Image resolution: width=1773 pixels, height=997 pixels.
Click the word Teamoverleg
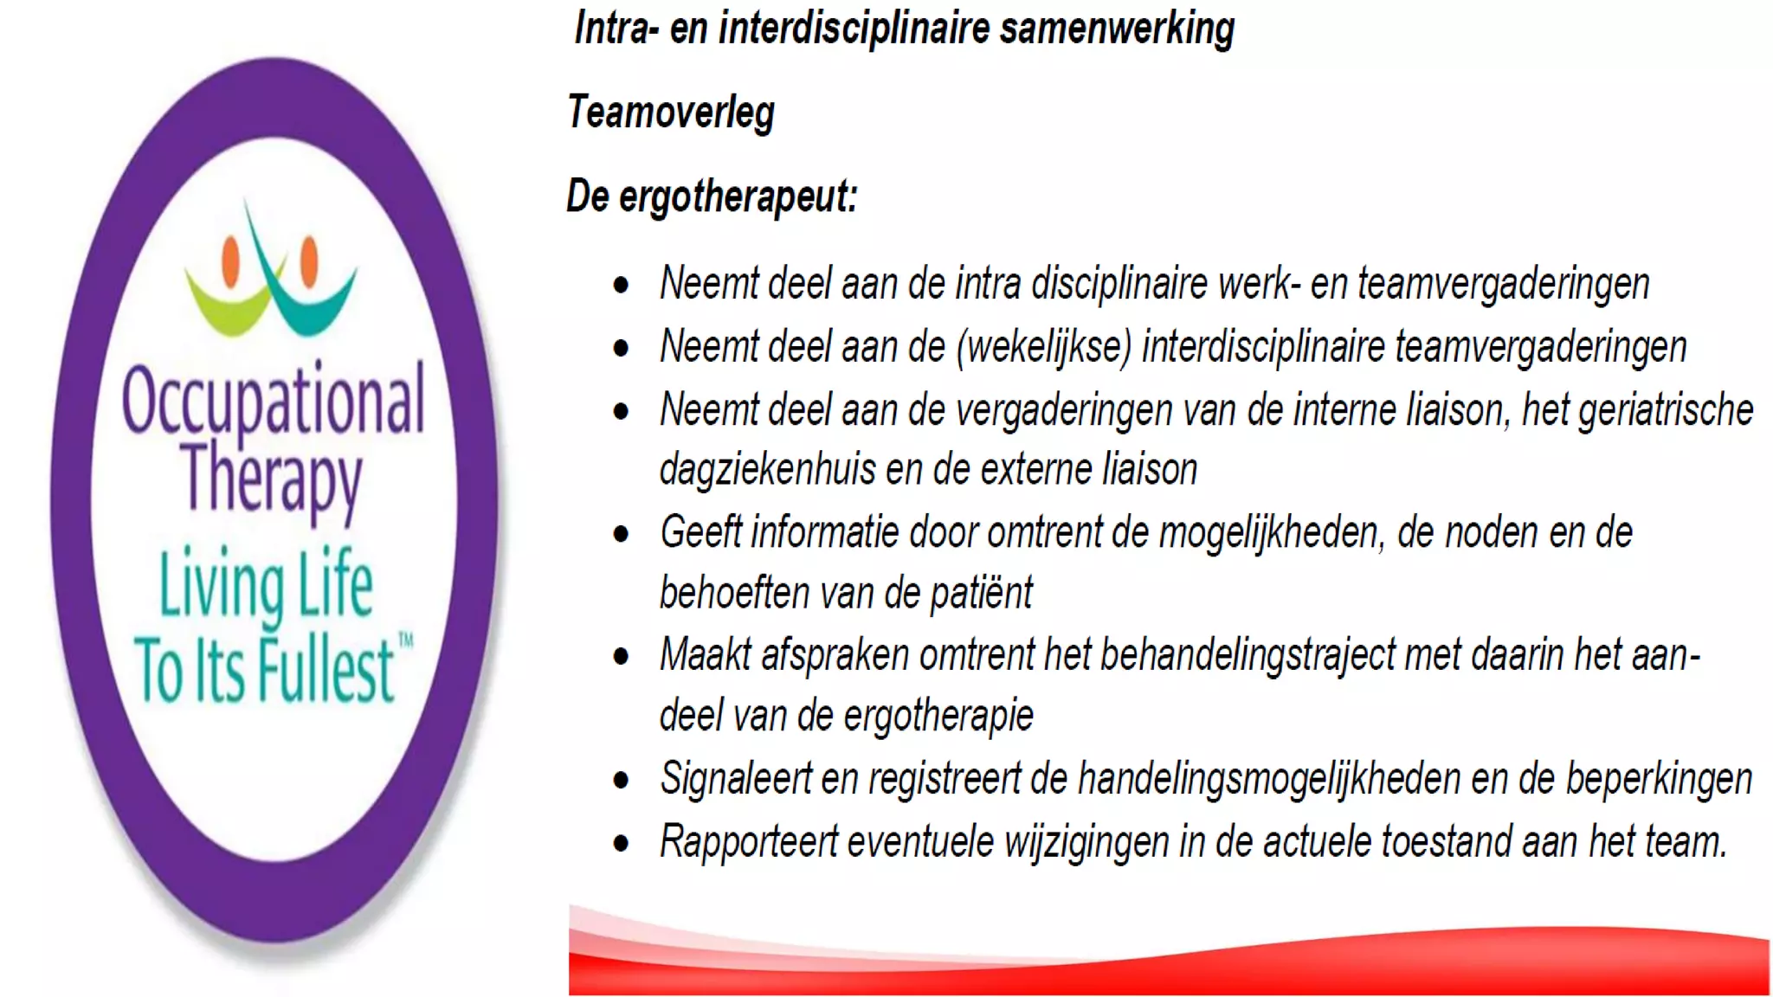(x=671, y=113)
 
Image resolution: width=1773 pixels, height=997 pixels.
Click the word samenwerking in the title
(x=1117, y=29)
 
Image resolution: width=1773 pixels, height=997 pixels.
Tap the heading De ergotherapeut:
(x=712, y=196)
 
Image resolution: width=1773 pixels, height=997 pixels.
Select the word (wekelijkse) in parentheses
(x=1044, y=347)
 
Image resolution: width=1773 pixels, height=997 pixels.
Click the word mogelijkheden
(x=1269, y=533)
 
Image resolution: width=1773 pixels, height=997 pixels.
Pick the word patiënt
(x=982, y=594)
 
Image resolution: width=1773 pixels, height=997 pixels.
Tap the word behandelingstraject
(x=1248, y=655)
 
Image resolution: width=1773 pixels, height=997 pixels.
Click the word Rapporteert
(x=749, y=841)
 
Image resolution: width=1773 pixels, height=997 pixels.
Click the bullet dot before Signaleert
(x=621, y=781)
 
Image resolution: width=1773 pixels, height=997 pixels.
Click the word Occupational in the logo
(x=274, y=401)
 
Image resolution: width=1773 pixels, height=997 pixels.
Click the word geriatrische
(x=1666, y=410)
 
